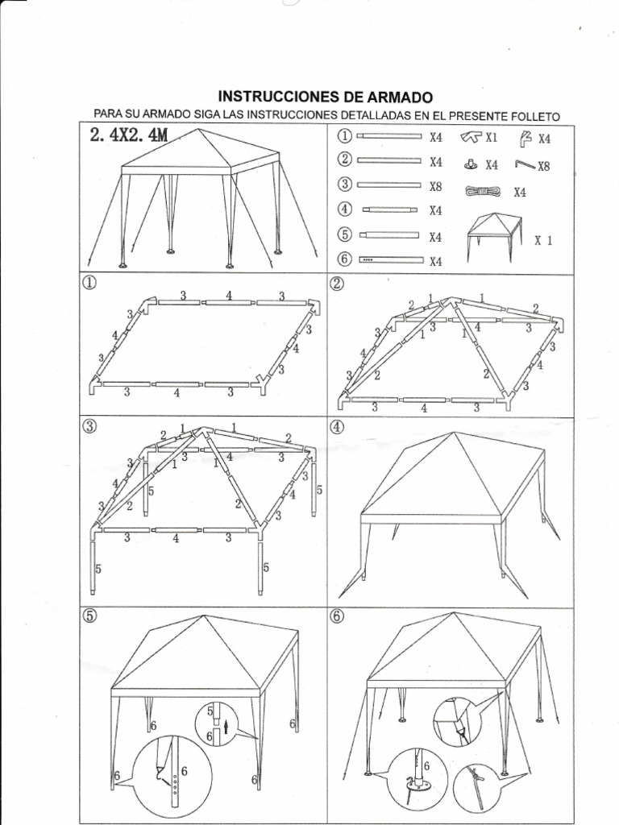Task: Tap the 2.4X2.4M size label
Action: click(x=130, y=135)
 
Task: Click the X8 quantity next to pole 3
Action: click(x=436, y=185)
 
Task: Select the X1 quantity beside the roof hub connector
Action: click(x=491, y=137)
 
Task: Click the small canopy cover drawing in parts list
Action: click(x=493, y=236)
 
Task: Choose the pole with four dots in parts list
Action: click(x=391, y=260)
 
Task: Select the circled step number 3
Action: click(x=88, y=427)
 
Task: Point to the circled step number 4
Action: click(x=337, y=427)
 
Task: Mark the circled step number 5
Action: click(x=88, y=616)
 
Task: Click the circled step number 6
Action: click(x=337, y=616)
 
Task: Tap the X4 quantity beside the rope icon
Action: click(x=519, y=192)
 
